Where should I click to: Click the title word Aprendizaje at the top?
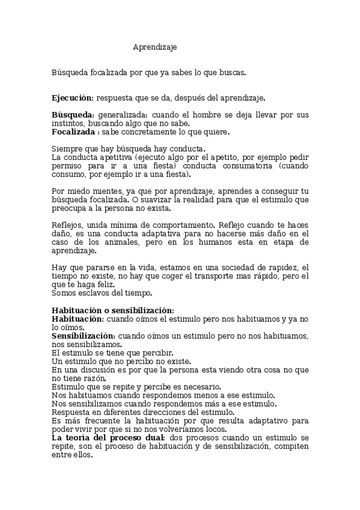click(155, 46)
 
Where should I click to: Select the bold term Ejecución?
click(72, 97)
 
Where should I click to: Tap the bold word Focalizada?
click(73, 132)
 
